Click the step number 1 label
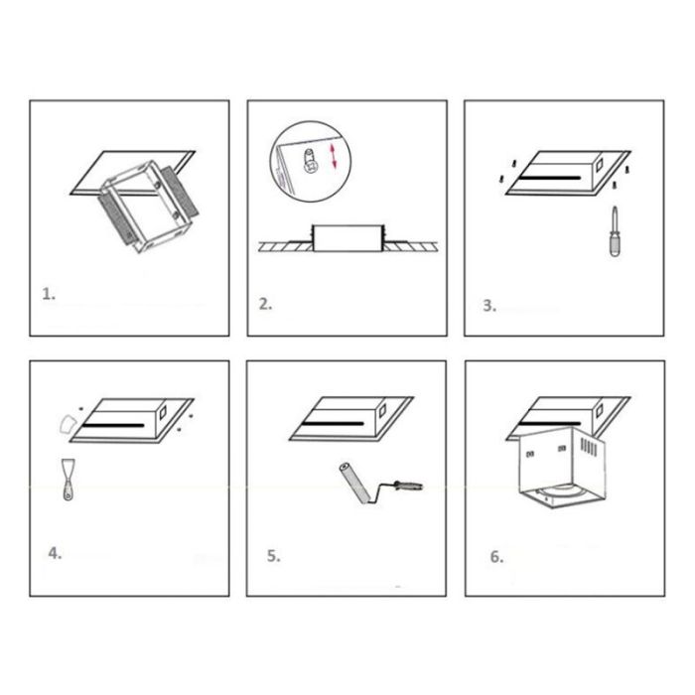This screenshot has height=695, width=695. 49,294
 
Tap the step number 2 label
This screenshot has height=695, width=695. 265,304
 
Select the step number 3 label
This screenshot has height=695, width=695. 489,306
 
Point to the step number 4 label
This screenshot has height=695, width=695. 55,553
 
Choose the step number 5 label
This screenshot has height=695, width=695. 273,556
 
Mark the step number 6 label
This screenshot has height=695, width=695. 496,557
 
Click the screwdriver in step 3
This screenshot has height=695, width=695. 615,231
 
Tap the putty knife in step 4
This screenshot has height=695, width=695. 68,480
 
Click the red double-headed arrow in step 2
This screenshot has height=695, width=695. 334,156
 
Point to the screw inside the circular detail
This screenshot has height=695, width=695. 310,161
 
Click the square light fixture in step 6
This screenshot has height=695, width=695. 562,468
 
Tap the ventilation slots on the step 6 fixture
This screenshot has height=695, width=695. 589,447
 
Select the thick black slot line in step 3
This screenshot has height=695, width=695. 551,178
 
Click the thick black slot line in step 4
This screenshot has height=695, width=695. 113,426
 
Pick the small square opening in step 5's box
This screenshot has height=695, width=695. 382,410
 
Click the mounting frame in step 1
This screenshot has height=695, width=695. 149,207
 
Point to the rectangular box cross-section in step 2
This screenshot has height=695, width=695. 348,238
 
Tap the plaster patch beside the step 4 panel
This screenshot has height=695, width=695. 67,424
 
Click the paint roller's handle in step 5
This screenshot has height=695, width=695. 408,485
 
